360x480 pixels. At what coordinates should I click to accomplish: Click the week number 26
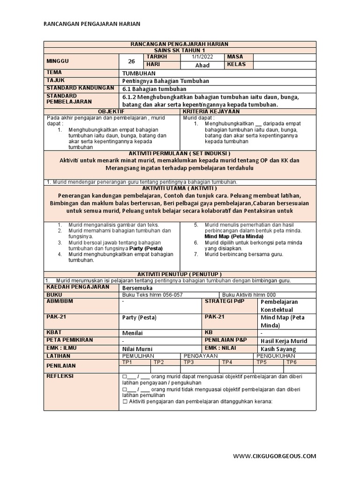coord(132,60)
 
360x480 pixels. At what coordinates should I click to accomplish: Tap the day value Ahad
coord(202,65)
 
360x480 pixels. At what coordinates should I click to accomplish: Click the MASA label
coord(235,57)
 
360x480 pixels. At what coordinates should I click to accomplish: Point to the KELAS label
coord(236,65)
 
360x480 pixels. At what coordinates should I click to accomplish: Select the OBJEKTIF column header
coord(112,112)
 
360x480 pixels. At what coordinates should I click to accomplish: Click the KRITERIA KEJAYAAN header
coord(211,112)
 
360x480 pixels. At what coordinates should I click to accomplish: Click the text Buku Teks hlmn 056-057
coord(152,294)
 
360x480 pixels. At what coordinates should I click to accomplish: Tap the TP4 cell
coord(227,362)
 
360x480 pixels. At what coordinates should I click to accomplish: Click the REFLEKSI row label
coord(60,376)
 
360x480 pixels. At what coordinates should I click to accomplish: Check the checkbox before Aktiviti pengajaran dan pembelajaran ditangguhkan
coord(125,401)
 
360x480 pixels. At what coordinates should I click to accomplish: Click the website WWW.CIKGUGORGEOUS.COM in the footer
coord(275,456)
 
